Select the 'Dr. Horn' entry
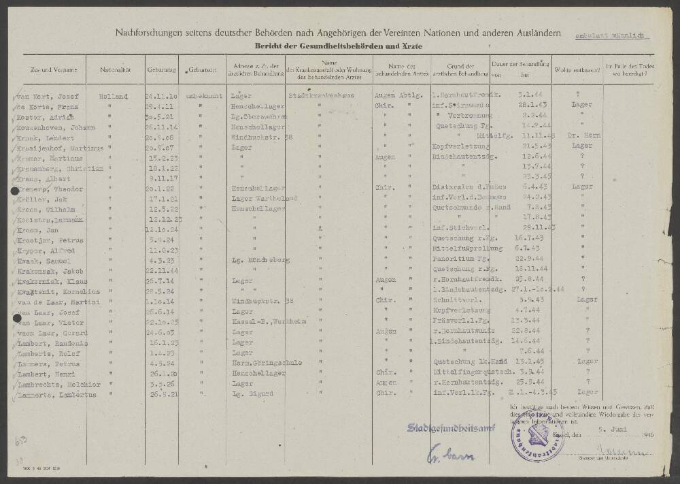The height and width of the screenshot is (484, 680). point(579,135)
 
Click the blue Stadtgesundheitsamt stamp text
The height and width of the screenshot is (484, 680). point(451,427)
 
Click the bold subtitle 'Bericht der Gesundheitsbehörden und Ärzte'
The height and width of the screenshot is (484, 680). point(338,45)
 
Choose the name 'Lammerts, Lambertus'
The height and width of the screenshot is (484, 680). point(52,393)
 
